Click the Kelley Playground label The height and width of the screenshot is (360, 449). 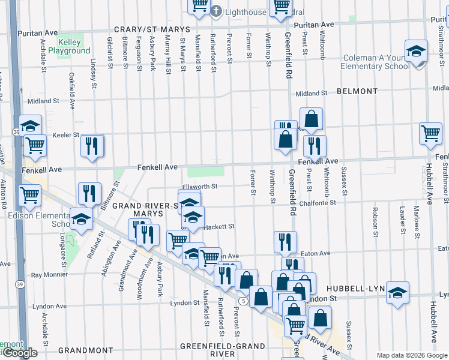[x=74, y=47]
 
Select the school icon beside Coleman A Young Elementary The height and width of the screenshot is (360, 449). [x=415, y=53]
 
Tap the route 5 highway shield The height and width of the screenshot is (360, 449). [x=243, y=300]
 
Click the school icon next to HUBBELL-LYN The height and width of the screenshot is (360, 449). [x=397, y=293]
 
